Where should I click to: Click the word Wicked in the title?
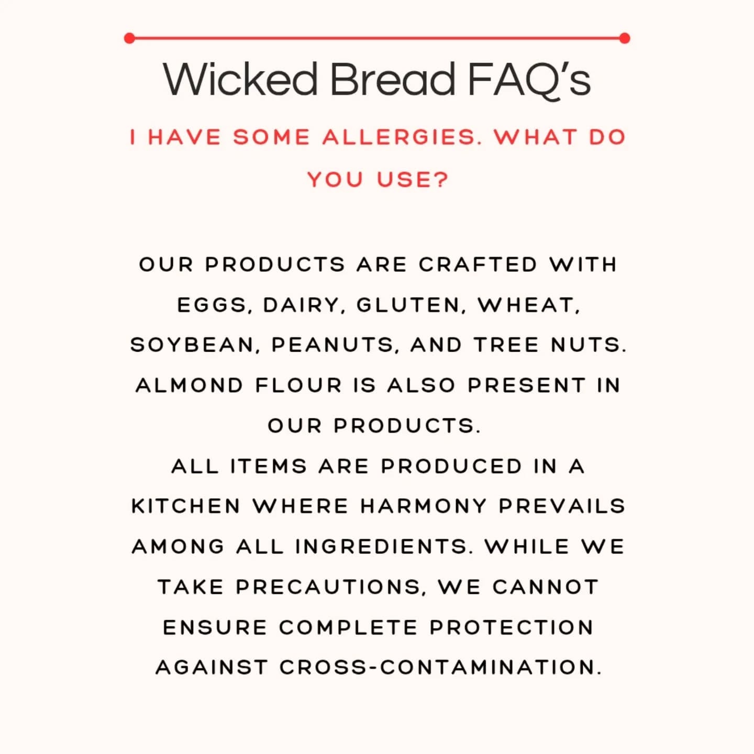[x=240, y=79]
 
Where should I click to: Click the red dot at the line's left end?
[x=129, y=38]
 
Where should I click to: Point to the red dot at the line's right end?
[x=625, y=38]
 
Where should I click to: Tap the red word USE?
[x=413, y=180]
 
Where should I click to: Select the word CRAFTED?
[x=478, y=264]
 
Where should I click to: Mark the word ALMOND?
[x=190, y=385]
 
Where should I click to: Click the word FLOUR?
[x=298, y=385]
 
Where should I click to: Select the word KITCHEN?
[x=186, y=506]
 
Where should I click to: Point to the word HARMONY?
[x=424, y=506]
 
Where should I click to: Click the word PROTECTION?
[x=512, y=627]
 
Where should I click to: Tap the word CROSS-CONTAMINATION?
[x=440, y=668]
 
